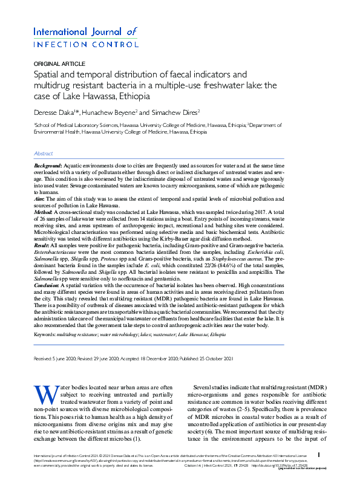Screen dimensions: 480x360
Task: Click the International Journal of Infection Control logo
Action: click(x=85, y=37)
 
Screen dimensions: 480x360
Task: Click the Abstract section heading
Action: click(x=43, y=154)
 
